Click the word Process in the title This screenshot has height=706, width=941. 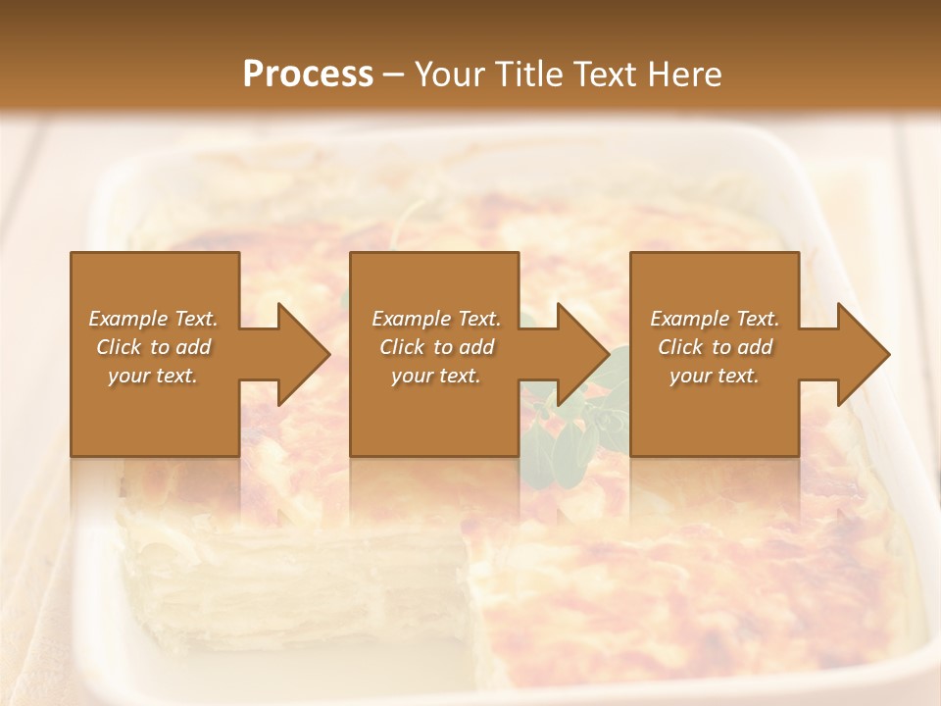click(308, 74)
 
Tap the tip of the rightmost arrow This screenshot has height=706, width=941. click(888, 355)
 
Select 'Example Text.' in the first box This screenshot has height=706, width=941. click(153, 319)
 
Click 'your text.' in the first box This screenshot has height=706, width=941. click(153, 376)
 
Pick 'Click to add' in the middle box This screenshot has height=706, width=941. click(436, 347)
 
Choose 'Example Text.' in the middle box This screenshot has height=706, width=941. click(436, 319)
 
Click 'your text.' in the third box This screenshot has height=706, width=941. click(715, 376)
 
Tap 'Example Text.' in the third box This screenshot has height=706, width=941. click(715, 319)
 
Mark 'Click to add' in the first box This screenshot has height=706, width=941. click(153, 347)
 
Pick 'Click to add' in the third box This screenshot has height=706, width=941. click(715, 347)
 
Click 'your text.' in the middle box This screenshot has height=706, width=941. click(436, 376)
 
